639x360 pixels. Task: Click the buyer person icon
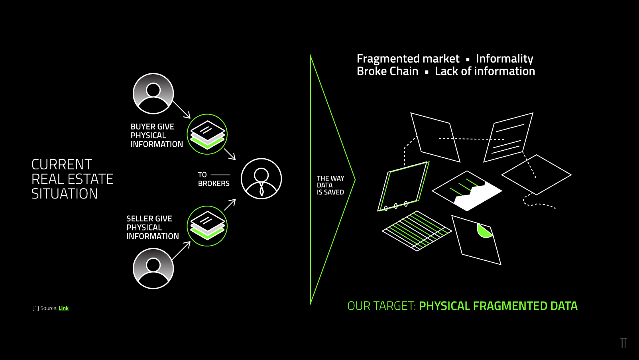[x=153, y=93]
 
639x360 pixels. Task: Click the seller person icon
[x=153, y=268]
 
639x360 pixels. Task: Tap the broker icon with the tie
[x=261, y=179]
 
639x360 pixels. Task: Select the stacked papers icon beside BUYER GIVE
[x=207, y=134]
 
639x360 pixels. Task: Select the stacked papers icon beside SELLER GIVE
[x=207, y=226]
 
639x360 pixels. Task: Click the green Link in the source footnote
[x=63, y=308]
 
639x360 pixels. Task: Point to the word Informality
[x=504, y=59]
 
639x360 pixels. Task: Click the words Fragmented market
[x=408, y=59]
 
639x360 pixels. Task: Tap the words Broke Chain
[x=387, y=71]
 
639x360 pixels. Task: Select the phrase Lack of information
[x=485, y=71]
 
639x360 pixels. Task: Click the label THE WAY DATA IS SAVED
[x=330, y=185]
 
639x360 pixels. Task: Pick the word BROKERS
[x=214, y=183]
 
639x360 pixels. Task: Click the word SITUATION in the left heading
[x=65, y=194]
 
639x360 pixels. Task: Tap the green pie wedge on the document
[x=484, y=231]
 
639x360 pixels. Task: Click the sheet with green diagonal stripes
[x=417, y=231]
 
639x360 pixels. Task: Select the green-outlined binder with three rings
[x=403, y=186]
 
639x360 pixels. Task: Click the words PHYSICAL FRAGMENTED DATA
[x=498, y=306]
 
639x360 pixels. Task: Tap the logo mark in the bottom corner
[x=623, y=343]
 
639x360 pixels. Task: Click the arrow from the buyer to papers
[x=181, y=110]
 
